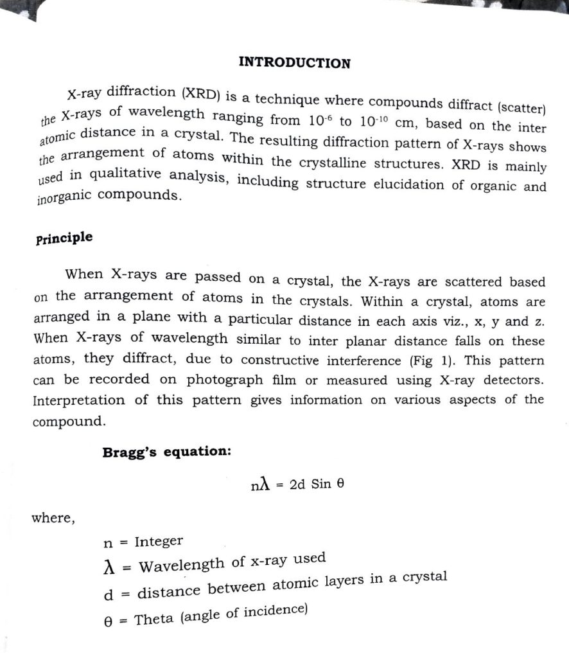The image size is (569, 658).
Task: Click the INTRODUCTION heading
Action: [294, 63]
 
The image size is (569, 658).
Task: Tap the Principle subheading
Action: [64, 238]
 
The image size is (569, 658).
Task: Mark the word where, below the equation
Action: [53, 518]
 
